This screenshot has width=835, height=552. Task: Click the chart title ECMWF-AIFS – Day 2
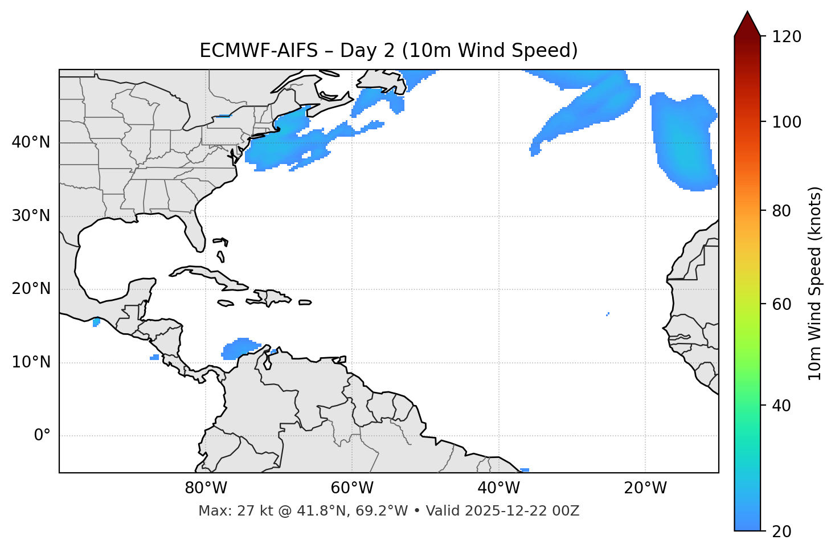pyautogui.click(x=388, y=51)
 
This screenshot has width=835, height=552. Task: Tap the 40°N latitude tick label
pyautogui.click(x=31, y=142)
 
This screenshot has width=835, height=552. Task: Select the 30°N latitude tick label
pyautogui.click(x=31, y=216)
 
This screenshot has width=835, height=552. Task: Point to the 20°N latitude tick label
pyautogui.click(x=31, y=289)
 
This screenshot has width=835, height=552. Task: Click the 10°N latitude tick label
pyautogui.click(x=31, y=362)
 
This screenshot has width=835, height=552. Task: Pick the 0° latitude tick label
pyautogui.click(x=42, y=436)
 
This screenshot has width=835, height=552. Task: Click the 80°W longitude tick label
pyautogui.click(x=206, y=489)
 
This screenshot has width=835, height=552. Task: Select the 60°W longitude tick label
pyautogui.click(x=352, y=489)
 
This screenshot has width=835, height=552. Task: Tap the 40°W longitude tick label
pyautogui.click(x=498, y=489)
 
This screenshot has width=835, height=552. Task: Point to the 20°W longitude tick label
pyautogui.click(x=645, y=489)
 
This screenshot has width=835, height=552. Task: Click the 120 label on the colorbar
pyautogui.click(x=787, y=37)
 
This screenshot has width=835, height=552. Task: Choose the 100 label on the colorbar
pyautogui.click(x=787, y=122)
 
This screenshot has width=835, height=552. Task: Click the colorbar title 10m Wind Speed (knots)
pyautogui.click(x=815, y=283)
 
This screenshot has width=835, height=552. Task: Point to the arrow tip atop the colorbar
pyautogui.click(x=747, y=13)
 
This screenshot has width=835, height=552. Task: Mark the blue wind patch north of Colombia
pyautogui.click(x=240, y=349)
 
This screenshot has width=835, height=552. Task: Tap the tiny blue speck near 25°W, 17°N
pyautogui.click(x=608, y=314)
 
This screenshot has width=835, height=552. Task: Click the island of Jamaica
pyautogui.click(x=226, y=304)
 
